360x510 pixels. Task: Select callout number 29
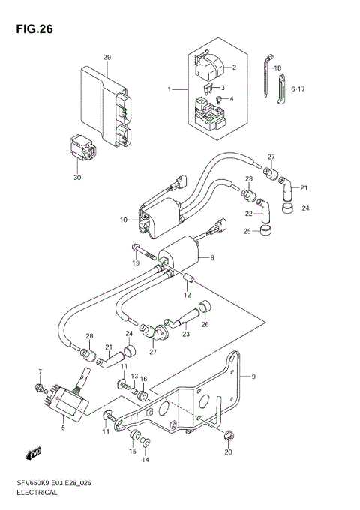[107, 58]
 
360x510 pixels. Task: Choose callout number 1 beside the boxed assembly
[169, 89]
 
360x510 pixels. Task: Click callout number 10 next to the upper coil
[124, 220]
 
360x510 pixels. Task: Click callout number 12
[188, 295]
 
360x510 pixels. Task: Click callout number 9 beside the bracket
[253, 376]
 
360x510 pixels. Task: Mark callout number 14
[145, 460]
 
